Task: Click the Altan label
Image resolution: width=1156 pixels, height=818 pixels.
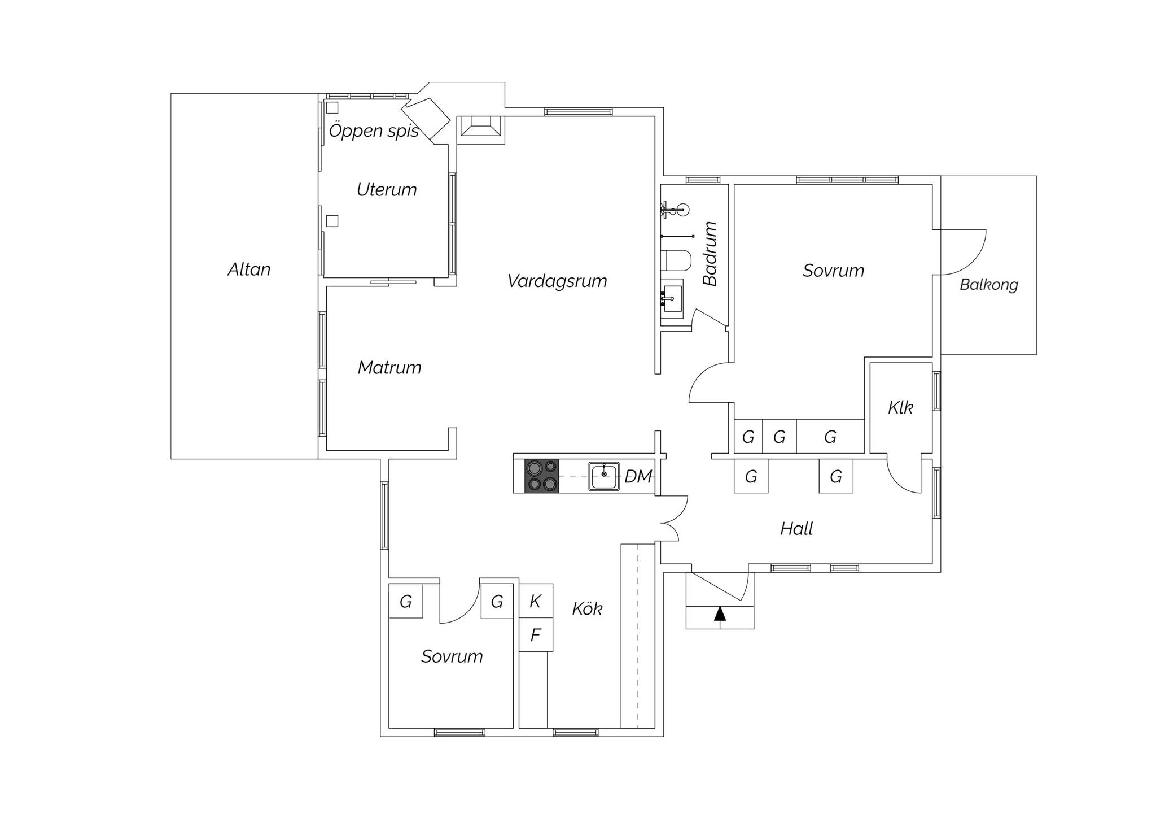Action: pyautogui.click(x=249, y=269)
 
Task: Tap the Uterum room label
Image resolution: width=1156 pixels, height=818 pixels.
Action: pyautogui.click(x=387, y=189)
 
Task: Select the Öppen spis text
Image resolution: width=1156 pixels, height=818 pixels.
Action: pyautogui.click(x=374, y=131)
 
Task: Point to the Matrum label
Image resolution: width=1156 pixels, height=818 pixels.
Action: pyautogui.click(x=389, y=368)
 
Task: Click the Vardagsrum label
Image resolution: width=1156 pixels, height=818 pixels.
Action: pyautogui.click(x=557, y=281)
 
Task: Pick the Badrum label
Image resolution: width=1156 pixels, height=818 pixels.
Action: pyautogui.click(x=710, y=254)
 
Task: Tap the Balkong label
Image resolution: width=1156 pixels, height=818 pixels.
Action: pyautogui.click(x=989, y=285)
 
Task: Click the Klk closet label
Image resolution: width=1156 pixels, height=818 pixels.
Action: pyautogui.click(x=900, y=407)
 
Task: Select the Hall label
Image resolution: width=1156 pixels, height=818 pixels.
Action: pyautogui.click(x=796, y=529)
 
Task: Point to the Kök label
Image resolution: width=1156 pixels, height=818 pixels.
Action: pyautogui.click(x=587, y=608)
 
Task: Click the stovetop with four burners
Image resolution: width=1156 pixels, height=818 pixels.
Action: pyautogui.click(x=542, y=476)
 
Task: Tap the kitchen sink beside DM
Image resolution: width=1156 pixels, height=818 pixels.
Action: pyautogui.click(x=604, y=476)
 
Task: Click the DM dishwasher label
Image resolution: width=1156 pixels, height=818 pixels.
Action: pyautogui.click(x=638, y=476)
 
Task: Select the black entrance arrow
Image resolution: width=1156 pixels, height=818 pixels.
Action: pyautogui.click(x=720, y=614)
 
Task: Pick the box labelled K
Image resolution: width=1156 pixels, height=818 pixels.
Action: pyautogui.click(x=536, y=601)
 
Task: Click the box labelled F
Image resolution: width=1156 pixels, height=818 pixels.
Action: pyautogui.click(x=536, y=635)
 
